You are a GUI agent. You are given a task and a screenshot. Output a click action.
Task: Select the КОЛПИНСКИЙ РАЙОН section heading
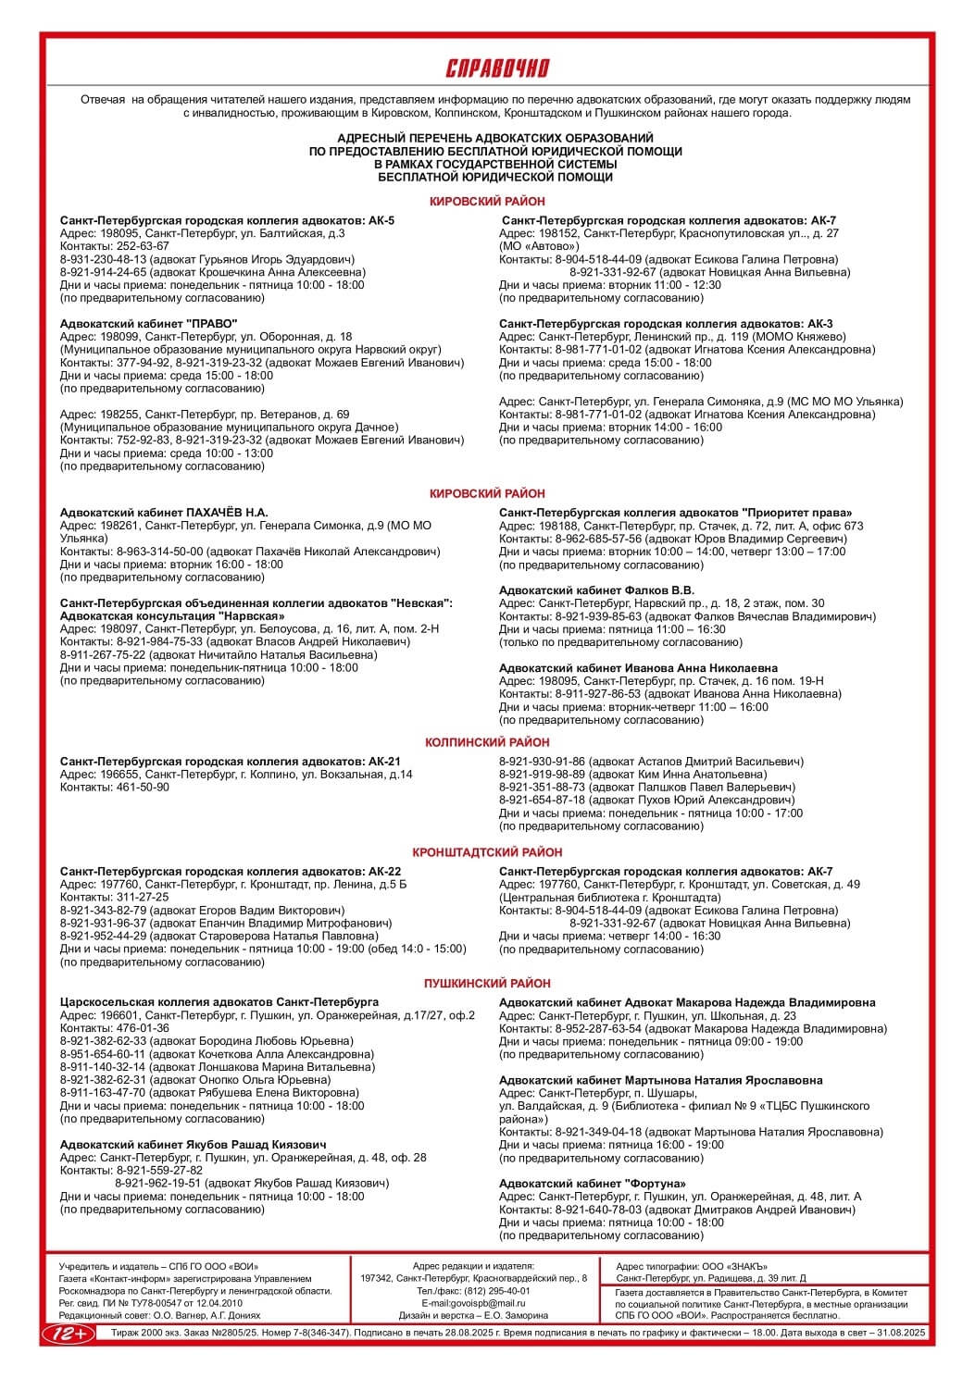pos(487,742)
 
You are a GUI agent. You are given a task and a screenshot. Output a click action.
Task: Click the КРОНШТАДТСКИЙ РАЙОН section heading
pos(487,852)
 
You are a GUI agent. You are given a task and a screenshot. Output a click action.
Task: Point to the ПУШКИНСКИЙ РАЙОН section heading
pos(487,984)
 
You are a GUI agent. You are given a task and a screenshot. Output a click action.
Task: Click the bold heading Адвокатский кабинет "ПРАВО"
pos(149,324)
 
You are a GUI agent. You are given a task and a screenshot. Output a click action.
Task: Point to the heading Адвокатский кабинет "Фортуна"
pos(592,1184)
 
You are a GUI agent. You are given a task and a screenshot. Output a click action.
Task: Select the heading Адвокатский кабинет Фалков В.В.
pos(596,590)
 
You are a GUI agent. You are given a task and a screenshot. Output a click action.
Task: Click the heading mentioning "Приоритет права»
pos(675,513)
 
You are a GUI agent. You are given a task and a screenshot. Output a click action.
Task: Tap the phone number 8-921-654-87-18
pos(540,800)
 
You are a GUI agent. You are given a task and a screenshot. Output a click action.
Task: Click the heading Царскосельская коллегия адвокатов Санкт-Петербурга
pos(219,1002)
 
